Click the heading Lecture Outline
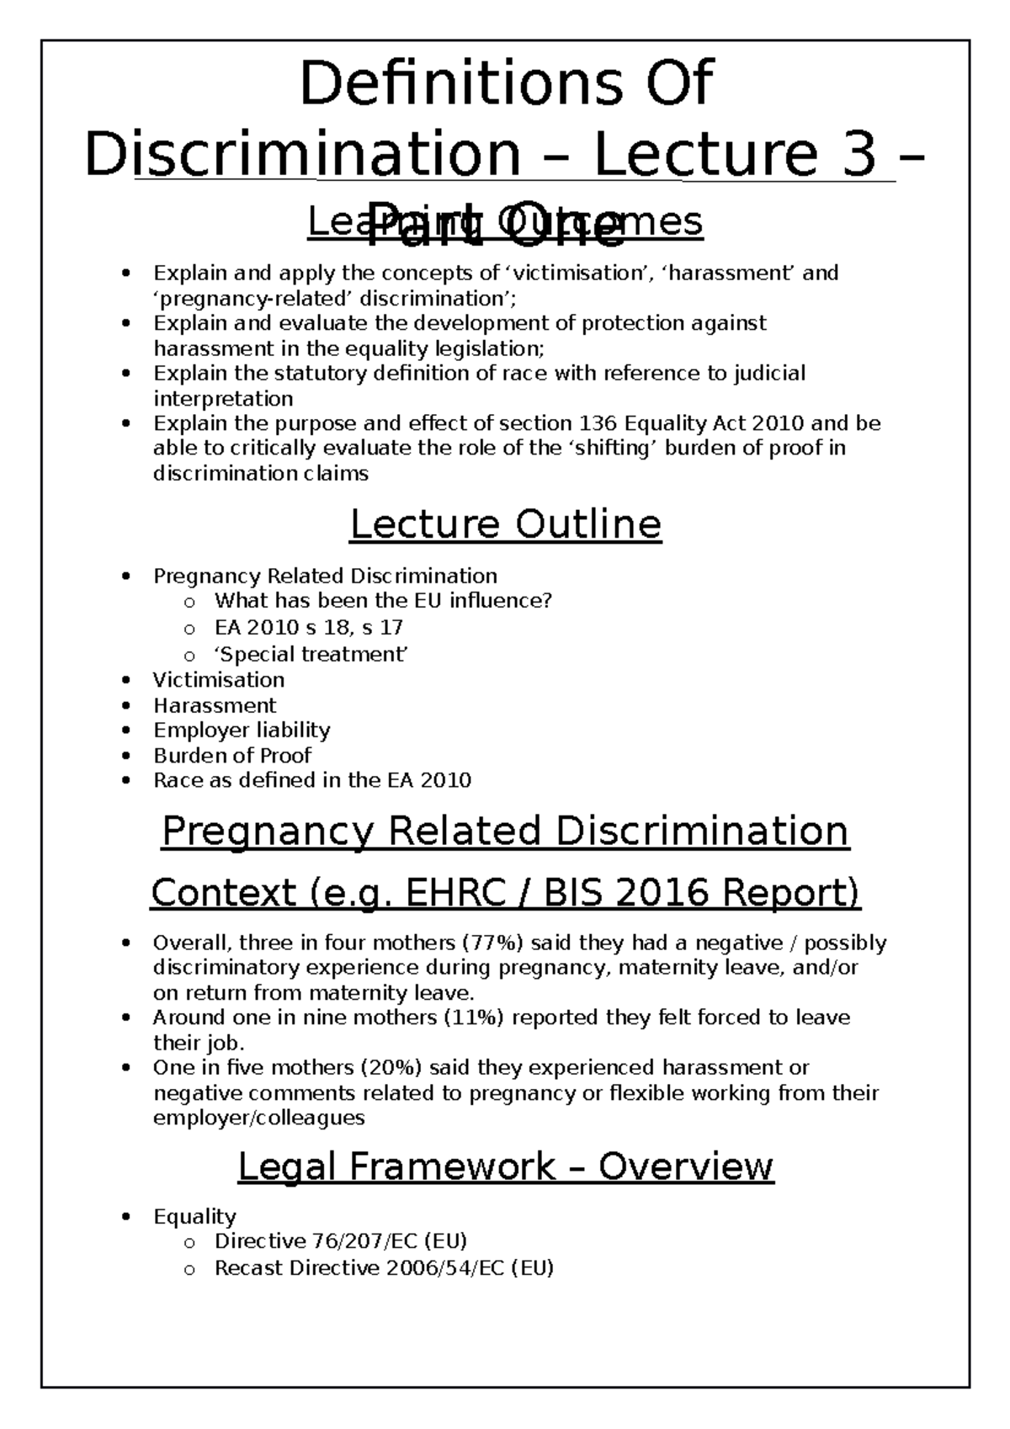click(505, 525)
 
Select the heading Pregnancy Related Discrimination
click(505, 831)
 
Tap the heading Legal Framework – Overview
click(505, 1166)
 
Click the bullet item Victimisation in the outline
click(218, 680)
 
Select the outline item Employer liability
click(242, 730)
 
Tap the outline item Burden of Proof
click(231, 755)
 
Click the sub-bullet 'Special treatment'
click(311, 654)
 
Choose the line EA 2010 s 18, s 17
click(309, 627)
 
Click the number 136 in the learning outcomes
click(598, 422)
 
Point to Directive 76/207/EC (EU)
click(341, 1241)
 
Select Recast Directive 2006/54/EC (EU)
click(384, 1268)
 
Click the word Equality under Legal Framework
click(194, 1216)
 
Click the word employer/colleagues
click(258, 1118)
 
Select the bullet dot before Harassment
click(126, 705)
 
